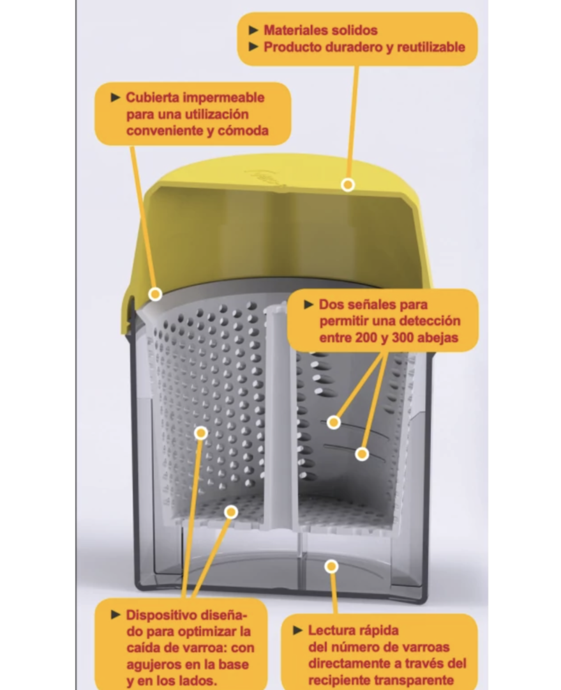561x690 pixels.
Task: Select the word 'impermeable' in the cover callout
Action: tap(223, 98)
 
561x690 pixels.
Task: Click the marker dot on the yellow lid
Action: tap(347, 185)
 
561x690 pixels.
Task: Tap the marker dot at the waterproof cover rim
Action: tap(155, 294)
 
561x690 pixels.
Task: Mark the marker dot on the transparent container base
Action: tap(331, 566)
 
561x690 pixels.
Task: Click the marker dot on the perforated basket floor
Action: tap(231, 512)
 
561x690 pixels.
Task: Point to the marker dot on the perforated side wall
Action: tap(201, 433)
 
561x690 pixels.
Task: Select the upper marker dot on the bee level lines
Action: tap(333, 422)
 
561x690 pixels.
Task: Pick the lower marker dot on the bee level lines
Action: tap(362, 454)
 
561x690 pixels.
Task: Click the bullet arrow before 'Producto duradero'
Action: tap(253, 47)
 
